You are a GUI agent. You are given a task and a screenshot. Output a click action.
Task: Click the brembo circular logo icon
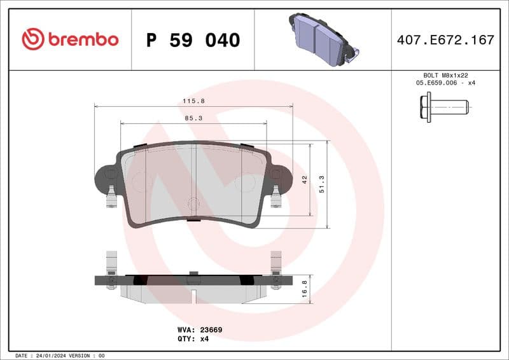tap(32, 39)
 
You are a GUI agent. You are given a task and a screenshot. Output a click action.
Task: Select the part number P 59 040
tap(193, 40)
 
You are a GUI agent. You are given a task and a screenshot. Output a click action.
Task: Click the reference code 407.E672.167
tap(445, 40)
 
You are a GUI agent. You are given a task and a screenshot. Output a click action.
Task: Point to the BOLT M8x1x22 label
tap(445, 75)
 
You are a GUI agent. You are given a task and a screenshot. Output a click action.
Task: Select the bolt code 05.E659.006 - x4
tap(445, 83)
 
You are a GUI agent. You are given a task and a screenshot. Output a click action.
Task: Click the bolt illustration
tap(443, 107)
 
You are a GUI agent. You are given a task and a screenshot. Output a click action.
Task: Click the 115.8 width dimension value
tap(193, 101)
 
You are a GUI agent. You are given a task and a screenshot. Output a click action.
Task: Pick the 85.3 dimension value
tap(193, 118)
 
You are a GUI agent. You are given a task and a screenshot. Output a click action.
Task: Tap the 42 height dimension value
tap(305, 180)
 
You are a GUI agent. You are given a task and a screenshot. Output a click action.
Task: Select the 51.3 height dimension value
tap(322, 184)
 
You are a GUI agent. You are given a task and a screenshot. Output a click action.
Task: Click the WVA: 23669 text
tap(199, 330)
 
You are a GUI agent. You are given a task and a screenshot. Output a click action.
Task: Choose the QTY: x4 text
tap(193, 339)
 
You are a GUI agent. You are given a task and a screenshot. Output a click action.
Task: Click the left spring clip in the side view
tap(111, 270)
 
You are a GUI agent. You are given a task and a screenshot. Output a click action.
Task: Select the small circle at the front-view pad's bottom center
tap(193, 204)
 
